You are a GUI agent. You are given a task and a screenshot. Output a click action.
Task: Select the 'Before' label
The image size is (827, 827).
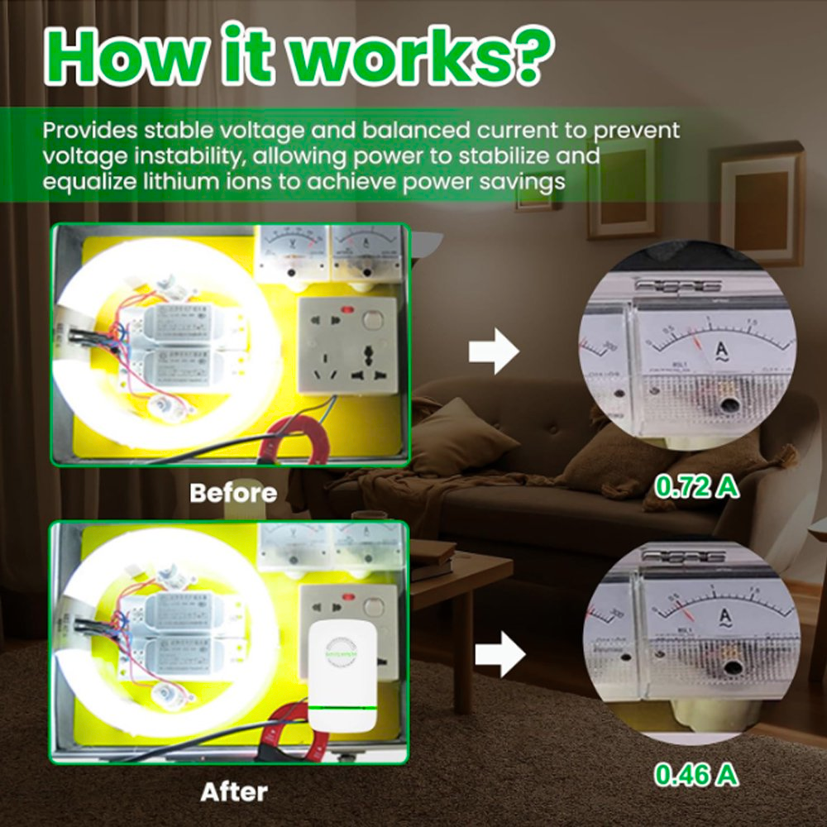pyautogui.click(x=232, y=493)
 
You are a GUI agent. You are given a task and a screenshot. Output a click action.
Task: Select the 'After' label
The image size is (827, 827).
pyautogui.click(x=234, y=792)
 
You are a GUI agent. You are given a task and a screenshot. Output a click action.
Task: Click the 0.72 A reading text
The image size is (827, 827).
pyautogui.click(x=696, y=487)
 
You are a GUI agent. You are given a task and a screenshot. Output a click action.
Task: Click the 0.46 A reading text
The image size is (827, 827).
pyautogui.click(x=696, y=774)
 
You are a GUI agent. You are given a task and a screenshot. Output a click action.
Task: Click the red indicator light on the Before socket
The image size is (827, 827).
pyautogui.click(x=347, y=313)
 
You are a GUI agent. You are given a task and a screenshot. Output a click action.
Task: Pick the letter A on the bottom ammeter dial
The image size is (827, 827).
pyautogui.click(x=726, y=616)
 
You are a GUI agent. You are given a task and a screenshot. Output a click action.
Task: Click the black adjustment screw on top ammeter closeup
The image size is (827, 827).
pyautogui.click(x=729, y=405)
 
